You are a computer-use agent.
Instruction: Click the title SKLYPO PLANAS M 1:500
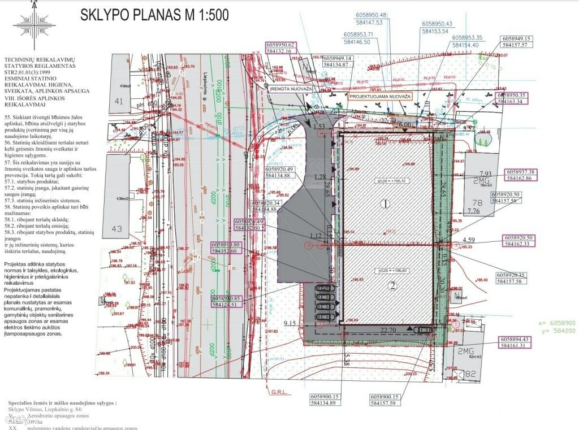tap(154, 15)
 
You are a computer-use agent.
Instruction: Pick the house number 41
tap(118, 102)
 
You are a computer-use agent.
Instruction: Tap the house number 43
tap(118, 228)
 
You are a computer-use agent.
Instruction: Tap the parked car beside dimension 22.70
tap(422, 331)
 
